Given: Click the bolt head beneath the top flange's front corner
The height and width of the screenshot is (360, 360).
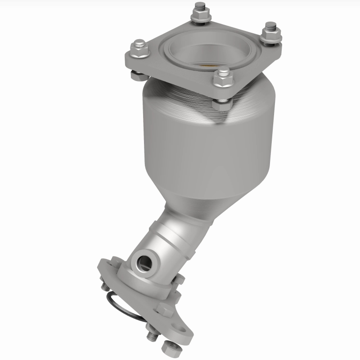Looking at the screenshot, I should click(222, 104).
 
